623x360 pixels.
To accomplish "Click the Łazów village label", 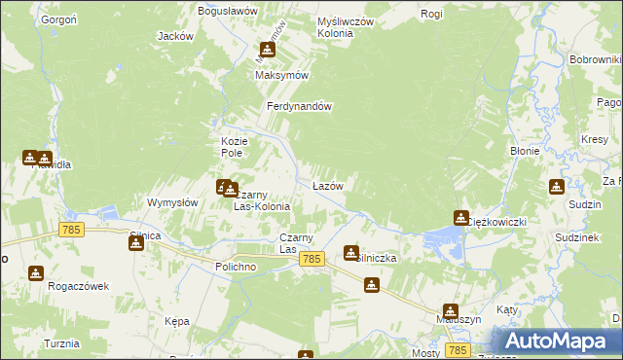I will (x=327, y=185).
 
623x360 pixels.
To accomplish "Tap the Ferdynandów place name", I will (x=302, y=107).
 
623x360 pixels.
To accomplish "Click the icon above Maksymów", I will (x=267, y=51).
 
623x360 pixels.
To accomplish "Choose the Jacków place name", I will (x=175, y=36).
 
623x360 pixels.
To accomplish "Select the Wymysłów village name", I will (x=172, y=202).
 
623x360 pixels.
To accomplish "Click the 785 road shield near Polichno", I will (x=311, y=259).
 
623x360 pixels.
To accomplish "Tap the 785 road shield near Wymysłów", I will (x=72, y=230).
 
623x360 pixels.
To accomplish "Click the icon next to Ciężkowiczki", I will (x=460, y=218).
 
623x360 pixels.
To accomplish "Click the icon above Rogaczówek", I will (x=36, y=273).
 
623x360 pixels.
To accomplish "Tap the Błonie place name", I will (x=525, y=151).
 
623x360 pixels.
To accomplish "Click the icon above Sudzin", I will (x=556, y=187).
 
